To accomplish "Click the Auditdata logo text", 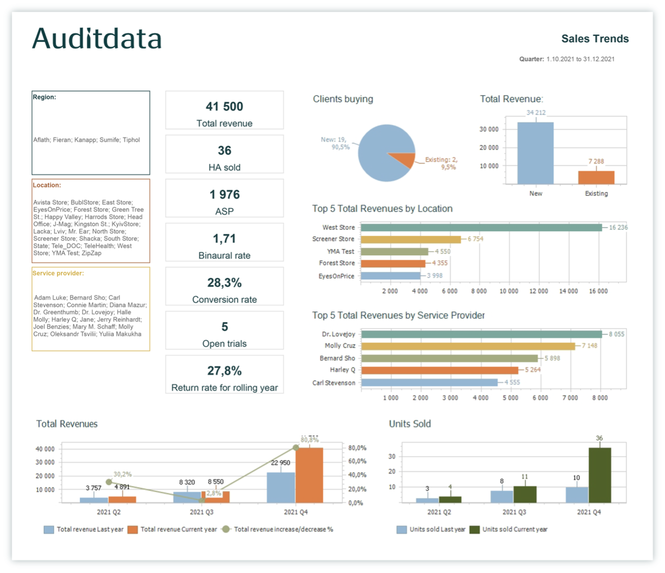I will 96,38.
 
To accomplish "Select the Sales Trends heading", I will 594,39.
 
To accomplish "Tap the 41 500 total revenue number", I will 224,107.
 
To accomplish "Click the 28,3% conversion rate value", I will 224,283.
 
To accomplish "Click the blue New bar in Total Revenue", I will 535,153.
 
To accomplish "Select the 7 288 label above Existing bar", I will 596,161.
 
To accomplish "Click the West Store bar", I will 481,228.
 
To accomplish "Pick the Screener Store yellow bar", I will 410,239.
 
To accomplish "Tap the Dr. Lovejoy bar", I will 481,334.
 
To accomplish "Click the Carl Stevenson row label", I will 334,383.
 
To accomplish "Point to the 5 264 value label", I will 532,370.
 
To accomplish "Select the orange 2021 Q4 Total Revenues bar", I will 309,475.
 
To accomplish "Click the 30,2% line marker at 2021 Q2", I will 109,482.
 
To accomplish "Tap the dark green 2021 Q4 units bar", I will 600,475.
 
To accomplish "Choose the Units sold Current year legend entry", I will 514,530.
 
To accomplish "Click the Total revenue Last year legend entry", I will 90,530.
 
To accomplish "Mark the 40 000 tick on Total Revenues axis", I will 45,449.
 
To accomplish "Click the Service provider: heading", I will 58,273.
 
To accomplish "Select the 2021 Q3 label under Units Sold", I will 514,512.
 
